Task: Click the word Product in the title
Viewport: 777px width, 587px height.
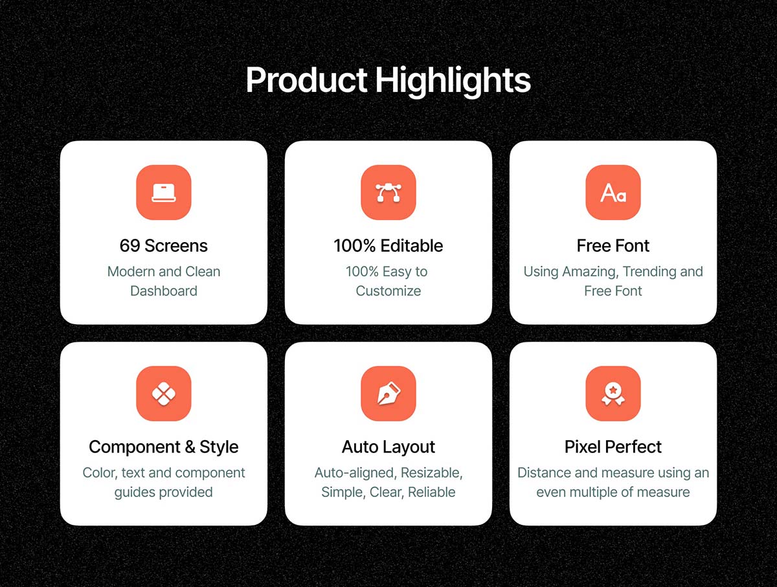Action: (x=306, y=80)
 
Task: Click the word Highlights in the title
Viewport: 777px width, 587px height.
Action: (x=453, y=82)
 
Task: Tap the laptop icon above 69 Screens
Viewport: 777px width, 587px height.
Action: (x=164, y=192)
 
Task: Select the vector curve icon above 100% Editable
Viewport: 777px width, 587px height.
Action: (x=388, y=192)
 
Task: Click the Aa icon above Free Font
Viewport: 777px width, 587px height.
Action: (x=613, y=193)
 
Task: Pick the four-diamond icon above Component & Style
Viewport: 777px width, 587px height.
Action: (x=164, y=393)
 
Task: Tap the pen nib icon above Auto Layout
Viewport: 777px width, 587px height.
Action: (x=388, y=393)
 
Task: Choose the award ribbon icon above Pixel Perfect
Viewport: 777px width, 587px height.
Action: (x=613, y=394)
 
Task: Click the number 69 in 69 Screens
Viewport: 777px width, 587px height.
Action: (x=130, y=246)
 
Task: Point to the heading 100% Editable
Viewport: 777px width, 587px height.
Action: (x=388, y=246)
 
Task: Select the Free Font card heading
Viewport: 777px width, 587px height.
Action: (x=613, y=246)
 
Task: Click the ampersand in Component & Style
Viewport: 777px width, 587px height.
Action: (x=190, y=447)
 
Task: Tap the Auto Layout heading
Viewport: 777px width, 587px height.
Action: (x=388, y=448)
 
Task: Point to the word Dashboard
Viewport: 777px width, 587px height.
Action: (x=164, y=291)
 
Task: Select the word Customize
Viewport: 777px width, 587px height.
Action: (x=388, y=291)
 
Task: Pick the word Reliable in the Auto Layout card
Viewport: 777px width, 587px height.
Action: (x=431, y=492)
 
